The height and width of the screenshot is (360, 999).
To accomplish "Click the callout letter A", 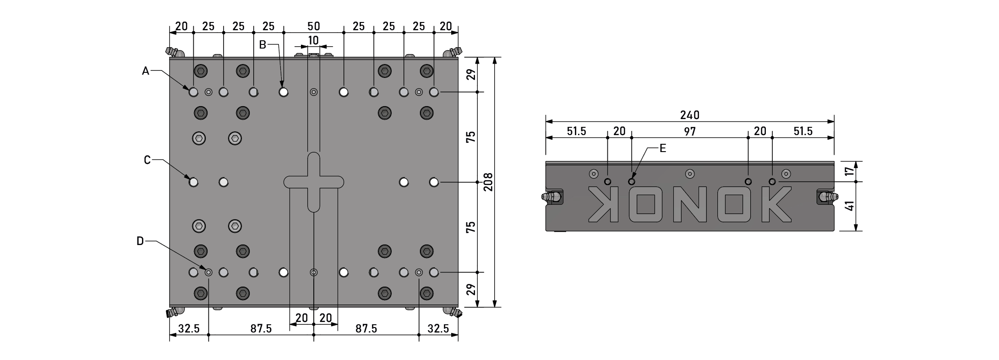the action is click(146, 71).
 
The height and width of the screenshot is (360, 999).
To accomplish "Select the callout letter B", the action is click(262, 44).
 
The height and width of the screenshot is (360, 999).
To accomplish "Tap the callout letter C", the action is click(147, 160).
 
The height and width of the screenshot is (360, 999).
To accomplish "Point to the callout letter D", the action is click(140, 241).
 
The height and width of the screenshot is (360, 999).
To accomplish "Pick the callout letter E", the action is click(662, 148).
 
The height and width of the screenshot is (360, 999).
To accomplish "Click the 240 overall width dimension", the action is click(690, 115).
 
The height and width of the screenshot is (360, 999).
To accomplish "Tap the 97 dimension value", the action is click(690, 131).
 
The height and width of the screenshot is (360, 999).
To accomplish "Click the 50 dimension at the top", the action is click(313, 26).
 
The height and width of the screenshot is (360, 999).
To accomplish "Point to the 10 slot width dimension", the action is click(313, 40).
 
